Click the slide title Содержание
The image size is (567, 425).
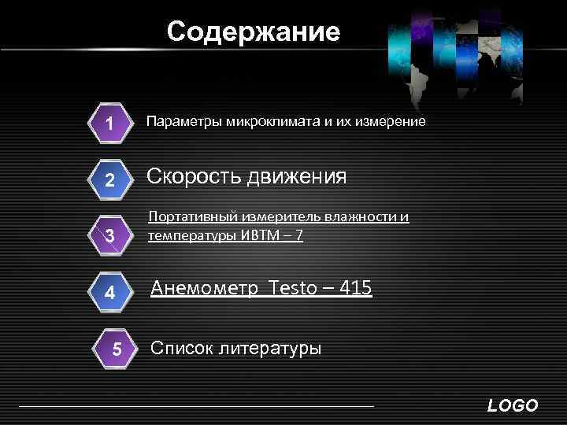pos(254,32)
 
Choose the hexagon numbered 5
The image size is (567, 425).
pos(117,349)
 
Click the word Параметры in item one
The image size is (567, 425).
pos(184,122)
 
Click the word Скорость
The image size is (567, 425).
pos(195,176)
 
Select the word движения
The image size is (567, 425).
pos(298,176)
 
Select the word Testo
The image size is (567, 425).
pos(291,289)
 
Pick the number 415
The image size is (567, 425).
pos(358,289)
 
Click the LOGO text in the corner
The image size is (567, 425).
pos(513,406)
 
